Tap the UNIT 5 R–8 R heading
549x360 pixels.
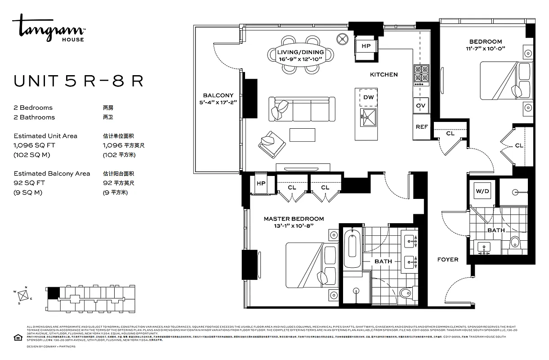coord(79,81)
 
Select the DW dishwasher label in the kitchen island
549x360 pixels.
coord(368,97)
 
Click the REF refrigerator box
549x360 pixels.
coord(421,127)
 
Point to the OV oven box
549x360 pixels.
coord(421,105)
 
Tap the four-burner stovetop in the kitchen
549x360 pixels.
coord(421,75)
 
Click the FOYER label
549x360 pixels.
coord(448,260)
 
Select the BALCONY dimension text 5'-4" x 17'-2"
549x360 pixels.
coord(218,103)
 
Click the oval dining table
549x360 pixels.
coord(301,55)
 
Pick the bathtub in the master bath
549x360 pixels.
coord(351,249)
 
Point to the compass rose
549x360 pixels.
coord(25,295)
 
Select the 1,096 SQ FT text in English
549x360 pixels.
coord(34,145)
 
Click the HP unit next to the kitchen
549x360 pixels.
coord(366,46)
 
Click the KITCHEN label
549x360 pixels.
coord(384,74)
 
